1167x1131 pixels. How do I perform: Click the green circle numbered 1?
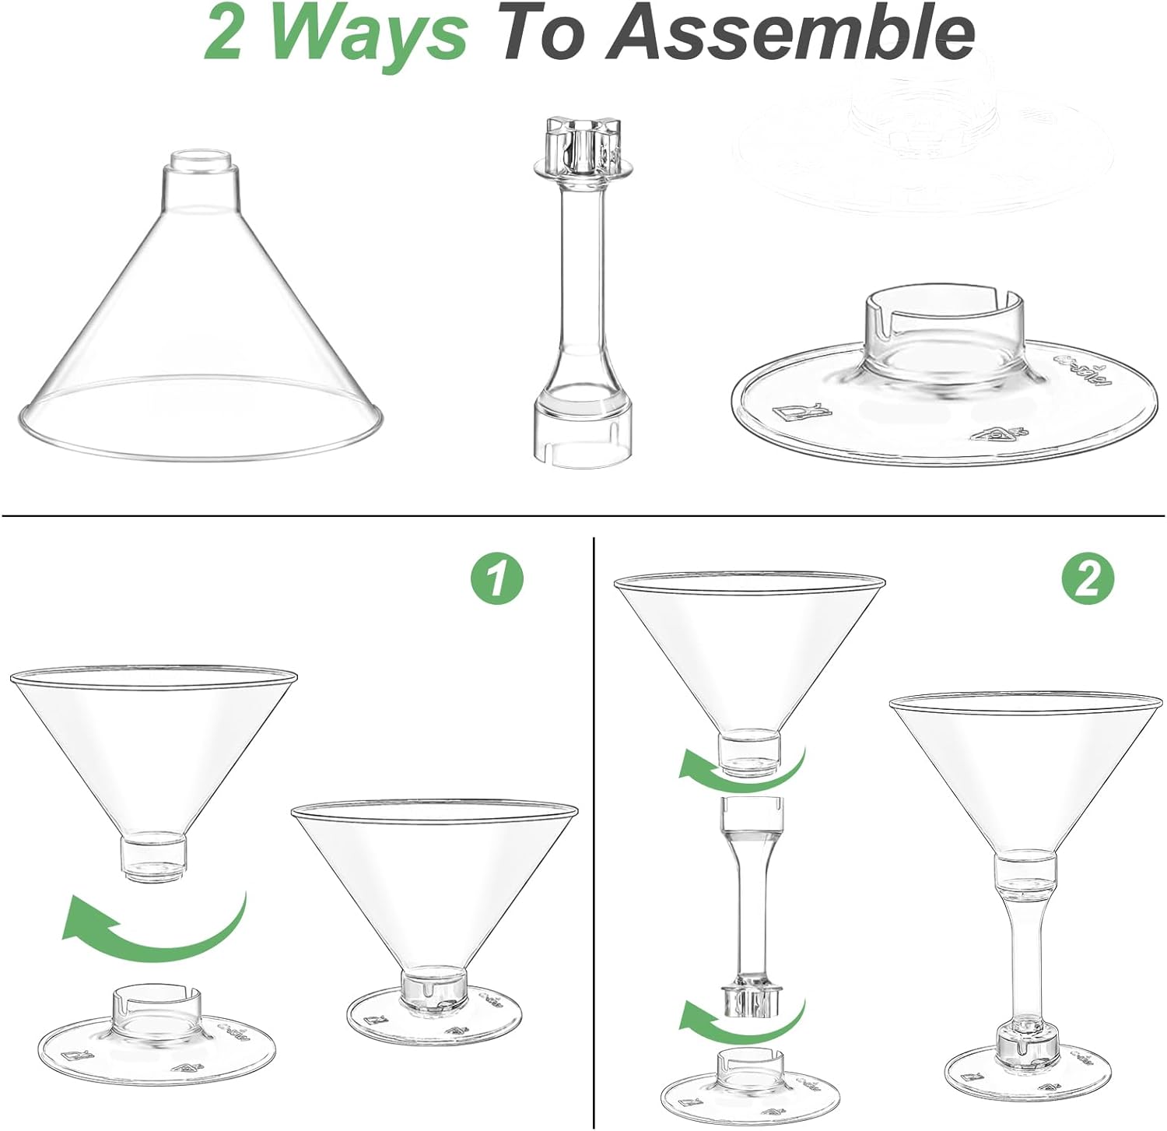click(x=497, y=579)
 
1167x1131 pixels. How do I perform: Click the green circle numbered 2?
click(x=1088, y=579)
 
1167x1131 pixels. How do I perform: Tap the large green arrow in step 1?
click(x=156, y=926)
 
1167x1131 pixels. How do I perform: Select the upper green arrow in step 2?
click(x=739, y=766)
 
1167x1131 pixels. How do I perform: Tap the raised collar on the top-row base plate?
click(x=941, y=327)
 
